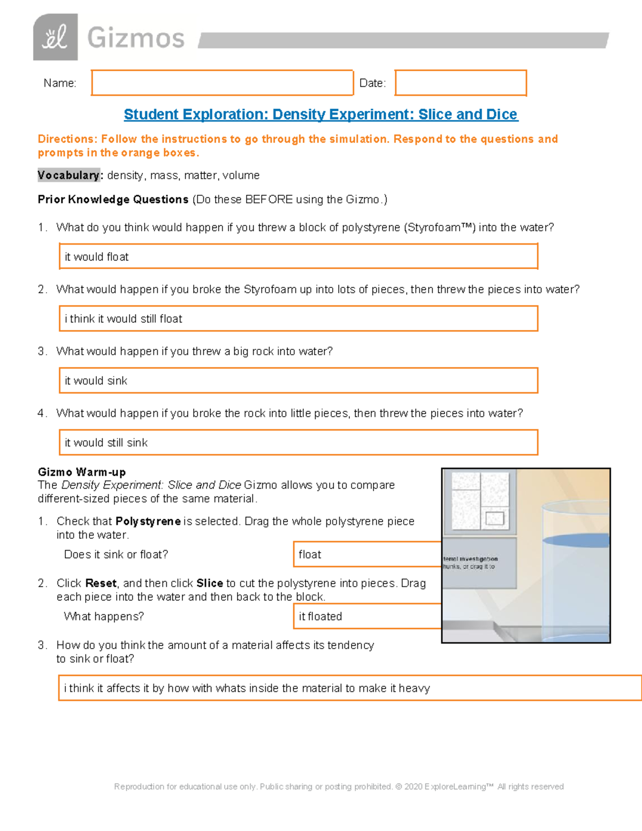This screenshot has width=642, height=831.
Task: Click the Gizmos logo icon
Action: (55, 37)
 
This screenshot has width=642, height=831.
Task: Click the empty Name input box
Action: (222, 83)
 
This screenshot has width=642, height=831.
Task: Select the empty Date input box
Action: (460, 83)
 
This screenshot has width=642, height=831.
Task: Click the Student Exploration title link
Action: (320, 115)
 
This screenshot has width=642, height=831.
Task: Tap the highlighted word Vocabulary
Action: (68, 176)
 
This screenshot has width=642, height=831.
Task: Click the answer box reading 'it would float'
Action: (298, 257)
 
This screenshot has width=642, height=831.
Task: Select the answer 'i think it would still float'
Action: (298, 319)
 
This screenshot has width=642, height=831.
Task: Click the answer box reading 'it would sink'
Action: (298, 381)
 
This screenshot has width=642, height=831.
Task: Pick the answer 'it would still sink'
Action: (298, 443)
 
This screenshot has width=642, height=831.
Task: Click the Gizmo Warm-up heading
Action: (82, 472)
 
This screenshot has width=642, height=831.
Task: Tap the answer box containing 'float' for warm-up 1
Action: (367, 554)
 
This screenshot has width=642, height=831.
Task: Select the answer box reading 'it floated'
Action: (367, 616)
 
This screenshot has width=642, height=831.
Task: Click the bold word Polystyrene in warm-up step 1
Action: (148, 521)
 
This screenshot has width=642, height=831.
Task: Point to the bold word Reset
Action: (101, 583)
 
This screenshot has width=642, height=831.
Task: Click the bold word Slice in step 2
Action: (209, 583)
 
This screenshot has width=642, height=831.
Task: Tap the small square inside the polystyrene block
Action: (494, 518)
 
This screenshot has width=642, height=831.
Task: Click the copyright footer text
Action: (339, 787)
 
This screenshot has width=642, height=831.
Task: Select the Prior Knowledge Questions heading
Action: (113, 200)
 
